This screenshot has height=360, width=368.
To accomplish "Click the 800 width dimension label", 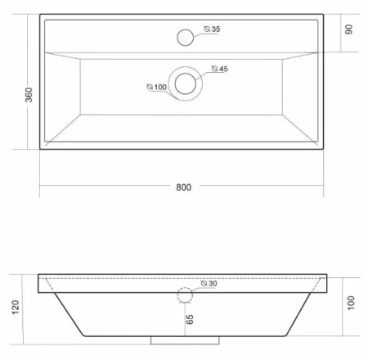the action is (183, 187).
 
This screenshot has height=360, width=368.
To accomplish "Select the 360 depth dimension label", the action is (29, 95).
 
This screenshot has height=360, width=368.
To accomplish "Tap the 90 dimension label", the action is (348, 29).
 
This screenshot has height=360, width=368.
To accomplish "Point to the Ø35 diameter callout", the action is (212, 29).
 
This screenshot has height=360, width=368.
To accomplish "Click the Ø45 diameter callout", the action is (220, 69).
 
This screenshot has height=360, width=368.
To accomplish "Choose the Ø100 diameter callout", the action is (156, 87).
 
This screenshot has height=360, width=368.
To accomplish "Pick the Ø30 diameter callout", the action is (209, 283).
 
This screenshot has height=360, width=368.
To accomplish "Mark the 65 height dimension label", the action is (190, 319).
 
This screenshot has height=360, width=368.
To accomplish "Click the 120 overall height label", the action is (16, 307).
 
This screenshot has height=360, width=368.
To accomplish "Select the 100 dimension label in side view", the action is (351, 303).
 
